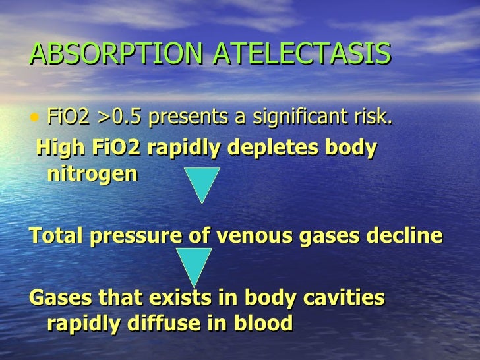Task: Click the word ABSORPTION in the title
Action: click(116, 55)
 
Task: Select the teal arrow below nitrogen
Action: click(201, 182)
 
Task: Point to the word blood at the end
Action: click(264, 323)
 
